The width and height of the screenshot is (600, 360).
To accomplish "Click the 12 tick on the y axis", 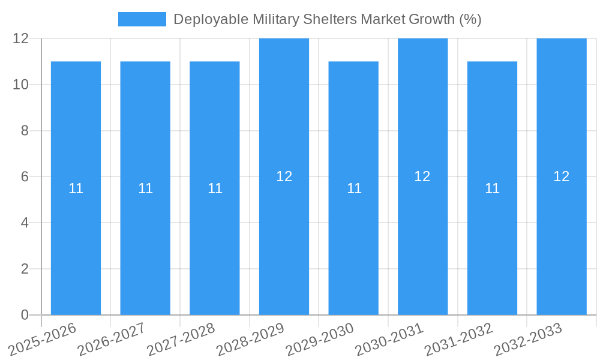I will point(21,38).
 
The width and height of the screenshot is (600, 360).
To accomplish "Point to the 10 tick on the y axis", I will point(21,85).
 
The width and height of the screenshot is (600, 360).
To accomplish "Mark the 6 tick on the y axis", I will point(25,176).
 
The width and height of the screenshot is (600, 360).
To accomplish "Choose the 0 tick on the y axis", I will point(25,315).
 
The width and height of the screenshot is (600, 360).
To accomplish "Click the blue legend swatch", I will point(142,19).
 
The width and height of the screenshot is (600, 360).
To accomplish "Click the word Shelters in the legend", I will point(328,19).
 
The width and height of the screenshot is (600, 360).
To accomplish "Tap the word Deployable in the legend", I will point(211,19).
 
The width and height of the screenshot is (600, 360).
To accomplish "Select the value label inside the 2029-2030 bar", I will point(354,188).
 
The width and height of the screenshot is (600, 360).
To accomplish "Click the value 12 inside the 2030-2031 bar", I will point(422,176).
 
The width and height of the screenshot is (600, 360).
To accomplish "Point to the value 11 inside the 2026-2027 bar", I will point(145,188).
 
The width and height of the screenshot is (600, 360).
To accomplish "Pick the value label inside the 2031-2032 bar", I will point(492,188).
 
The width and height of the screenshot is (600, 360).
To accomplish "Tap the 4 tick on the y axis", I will point(25,223).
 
